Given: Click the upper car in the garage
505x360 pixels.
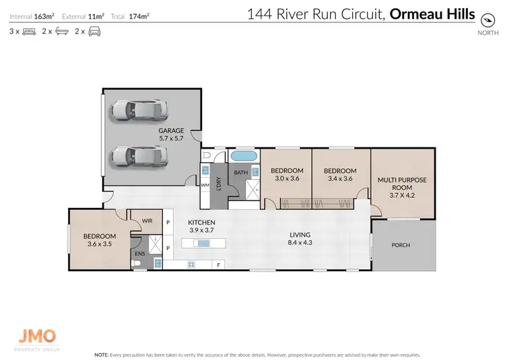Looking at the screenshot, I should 139,110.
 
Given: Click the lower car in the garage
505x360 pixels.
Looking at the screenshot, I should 139,156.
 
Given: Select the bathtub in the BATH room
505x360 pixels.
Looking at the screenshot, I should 243,157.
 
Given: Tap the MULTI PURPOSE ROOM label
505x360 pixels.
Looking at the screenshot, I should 402,184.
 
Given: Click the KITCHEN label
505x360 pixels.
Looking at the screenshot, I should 201,222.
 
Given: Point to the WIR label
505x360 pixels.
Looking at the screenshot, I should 146,220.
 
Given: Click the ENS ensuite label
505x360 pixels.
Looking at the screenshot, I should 140,254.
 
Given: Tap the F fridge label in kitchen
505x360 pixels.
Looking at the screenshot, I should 219,265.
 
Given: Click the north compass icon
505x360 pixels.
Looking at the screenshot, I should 483,20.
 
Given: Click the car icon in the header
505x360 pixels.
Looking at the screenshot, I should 94,32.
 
